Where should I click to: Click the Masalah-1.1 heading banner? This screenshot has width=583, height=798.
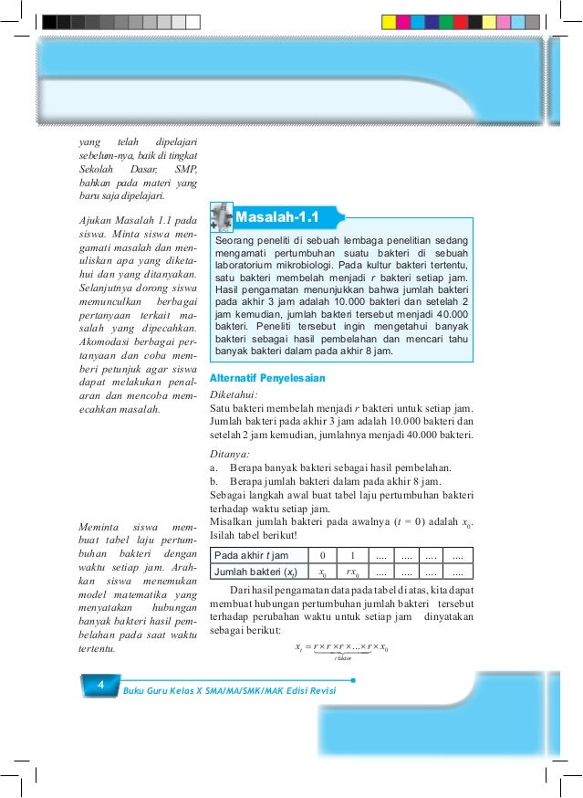coord(278,217)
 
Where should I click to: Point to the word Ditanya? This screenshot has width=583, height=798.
coord(229,452)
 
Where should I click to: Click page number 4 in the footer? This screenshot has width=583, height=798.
coord(102,685)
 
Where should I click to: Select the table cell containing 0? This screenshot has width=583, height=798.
coord(321,555)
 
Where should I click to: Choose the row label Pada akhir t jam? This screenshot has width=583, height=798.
coord(251,555)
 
